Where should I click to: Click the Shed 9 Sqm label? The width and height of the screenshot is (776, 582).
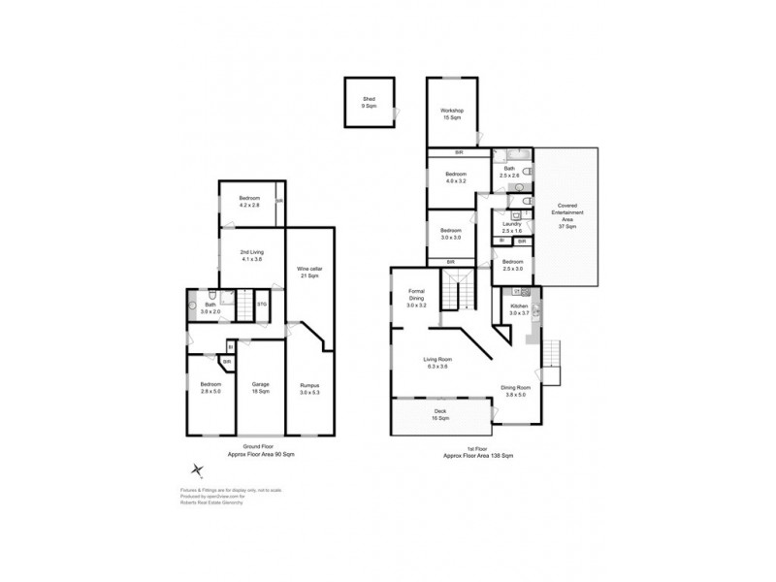tap(369, 102)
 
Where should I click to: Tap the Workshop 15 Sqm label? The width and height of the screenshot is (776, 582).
tap(453, 113)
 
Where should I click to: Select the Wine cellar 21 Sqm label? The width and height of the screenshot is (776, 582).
tap(309, 274)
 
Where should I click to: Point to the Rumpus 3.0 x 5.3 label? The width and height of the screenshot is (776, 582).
tap(309, 388)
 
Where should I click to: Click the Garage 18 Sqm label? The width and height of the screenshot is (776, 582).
tap(260, 388)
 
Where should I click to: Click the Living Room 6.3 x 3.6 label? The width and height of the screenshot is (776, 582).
tap(438, 363)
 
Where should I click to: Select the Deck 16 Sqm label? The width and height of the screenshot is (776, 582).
tap(439, 415)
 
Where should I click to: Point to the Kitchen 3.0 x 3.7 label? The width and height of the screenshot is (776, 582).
tap(519, 309)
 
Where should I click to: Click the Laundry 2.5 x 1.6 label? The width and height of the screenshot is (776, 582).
tap(511, 228)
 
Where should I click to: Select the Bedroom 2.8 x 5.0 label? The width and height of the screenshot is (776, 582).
tap(210, 388)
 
